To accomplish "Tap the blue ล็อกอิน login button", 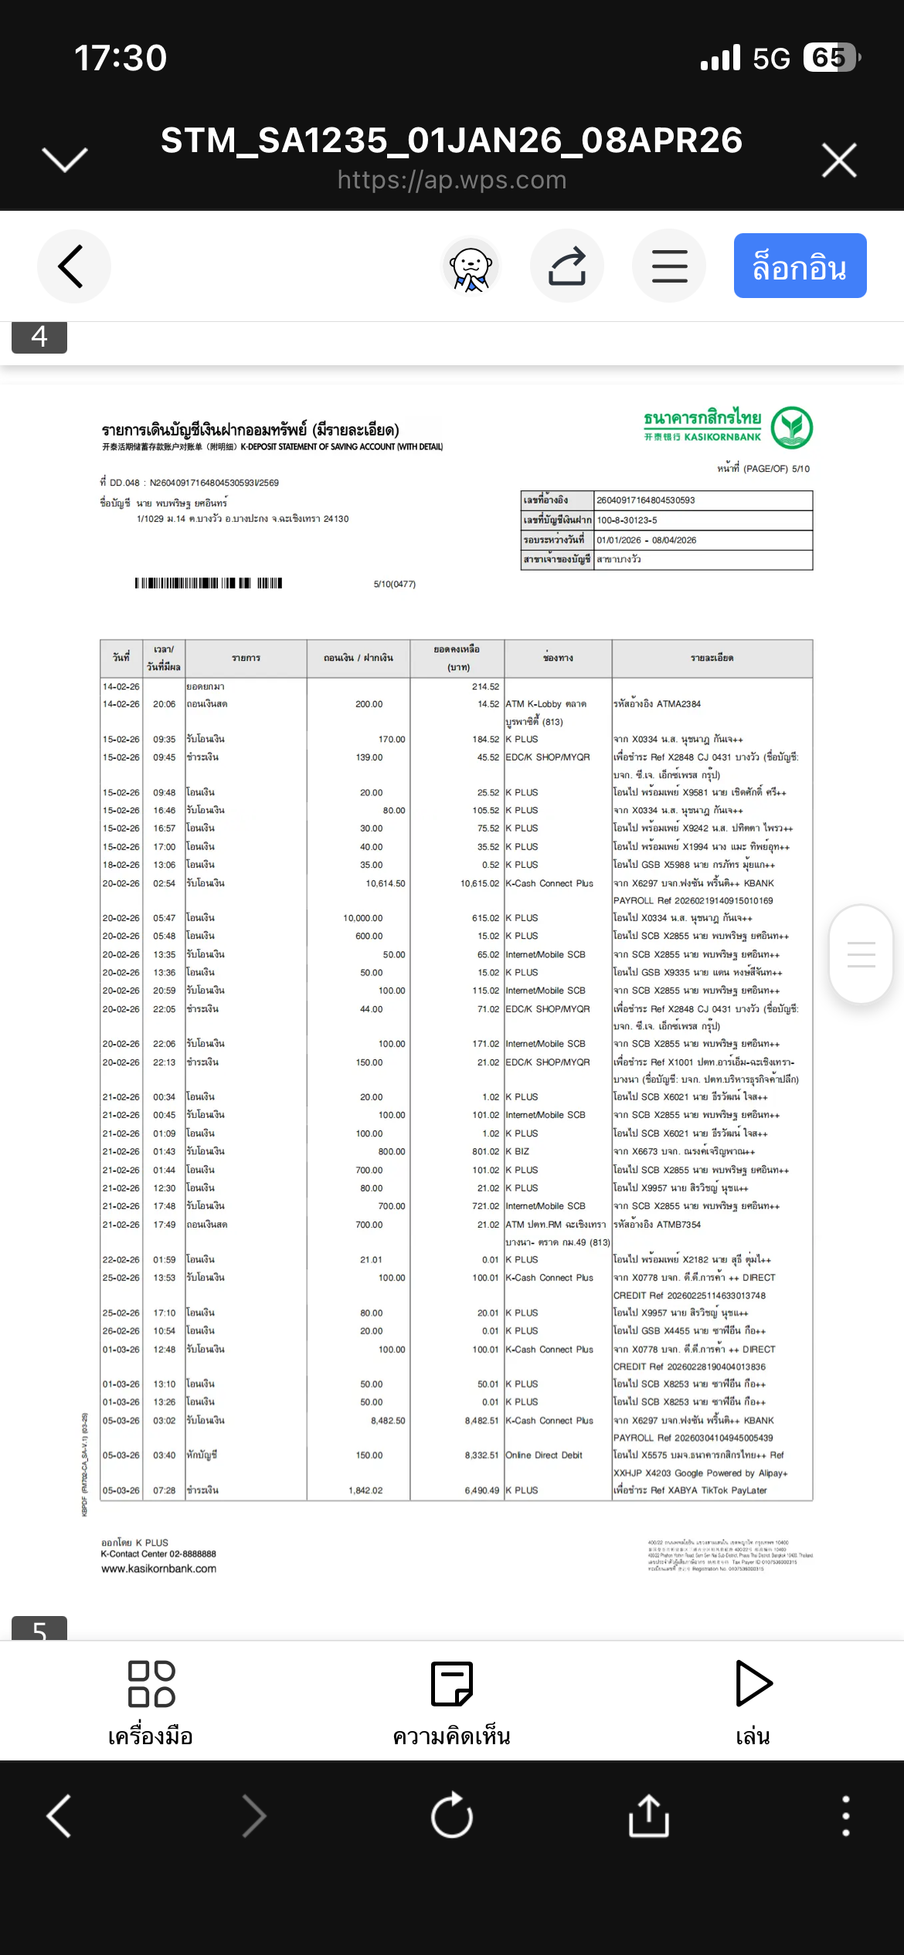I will (x=800, y=266).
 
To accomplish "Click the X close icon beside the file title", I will (x=839, y=160).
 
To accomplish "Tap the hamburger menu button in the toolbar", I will (x=669, y=266).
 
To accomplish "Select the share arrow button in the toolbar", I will (x=567, y=266).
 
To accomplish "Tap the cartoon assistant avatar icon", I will (x=470, y=266).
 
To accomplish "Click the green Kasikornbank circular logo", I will (x=792, y=427).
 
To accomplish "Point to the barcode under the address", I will (x=208, y=583).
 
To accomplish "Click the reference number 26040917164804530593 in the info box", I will (x=646, y=500).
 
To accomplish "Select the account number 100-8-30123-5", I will (x=627, y=520).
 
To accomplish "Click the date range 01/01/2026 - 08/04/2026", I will (x=646, y=540).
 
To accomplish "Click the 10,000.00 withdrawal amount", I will (x=362, y=918).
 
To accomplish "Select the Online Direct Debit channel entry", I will (x=543, y=1455).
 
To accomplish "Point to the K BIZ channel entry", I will (x=517, y=1151).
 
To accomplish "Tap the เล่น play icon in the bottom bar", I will (x=753, y=1683).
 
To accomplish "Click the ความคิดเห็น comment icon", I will (x=451, y=1684).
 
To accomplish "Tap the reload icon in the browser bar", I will (x=452, y=1815).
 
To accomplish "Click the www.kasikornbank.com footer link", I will (x=158, y=1569).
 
